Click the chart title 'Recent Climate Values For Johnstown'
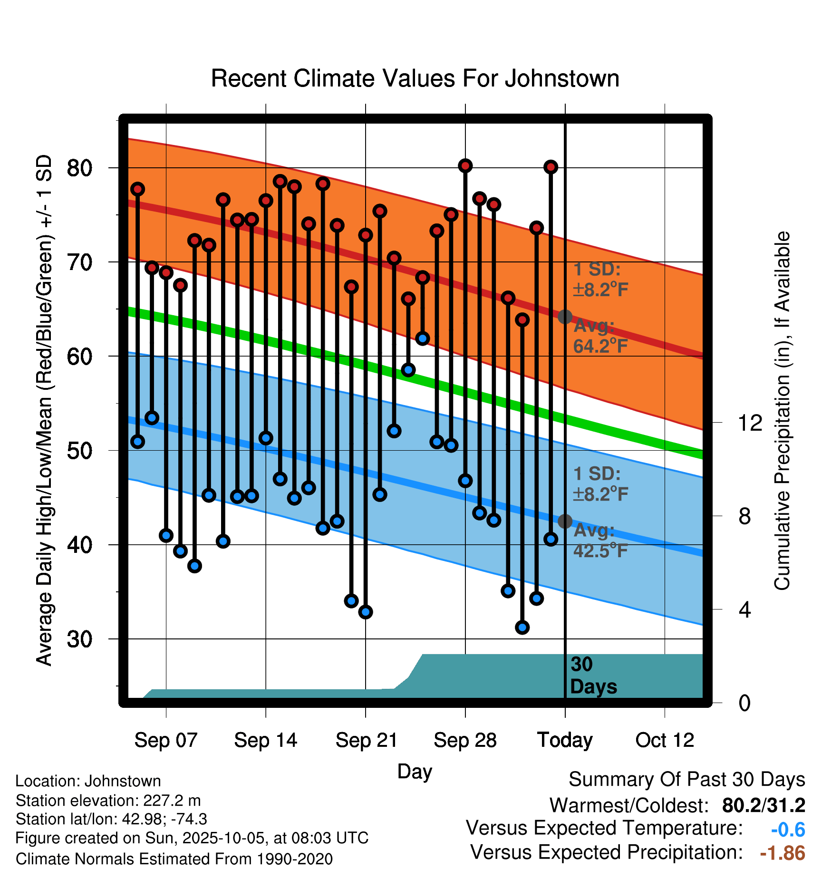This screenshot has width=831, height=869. (415, 78)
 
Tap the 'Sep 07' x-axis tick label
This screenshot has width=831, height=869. (165, 740)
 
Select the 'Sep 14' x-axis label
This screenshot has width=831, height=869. (265, 740)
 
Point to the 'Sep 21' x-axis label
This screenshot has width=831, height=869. (366, 740)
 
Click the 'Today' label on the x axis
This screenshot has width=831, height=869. (565, 740)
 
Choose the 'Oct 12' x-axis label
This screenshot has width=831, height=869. (665, 740)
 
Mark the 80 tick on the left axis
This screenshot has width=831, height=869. (79, 168)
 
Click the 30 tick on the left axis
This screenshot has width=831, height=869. (79, 639)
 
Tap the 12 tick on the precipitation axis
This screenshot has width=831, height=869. (750, 423)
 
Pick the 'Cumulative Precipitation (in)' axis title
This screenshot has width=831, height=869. (782, 411)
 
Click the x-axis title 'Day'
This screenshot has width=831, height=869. (415, 772)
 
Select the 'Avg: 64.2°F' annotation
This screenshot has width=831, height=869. (600, 336)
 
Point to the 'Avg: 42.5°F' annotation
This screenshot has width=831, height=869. (600, 541)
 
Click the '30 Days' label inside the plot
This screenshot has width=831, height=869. (593, 676)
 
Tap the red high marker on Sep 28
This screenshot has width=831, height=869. (465, 166)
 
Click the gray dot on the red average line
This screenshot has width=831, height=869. (565, 317)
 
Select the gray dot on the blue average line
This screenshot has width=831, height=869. (565, 521)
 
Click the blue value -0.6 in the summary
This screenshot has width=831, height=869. (788, 830)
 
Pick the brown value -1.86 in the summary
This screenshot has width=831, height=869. (783, 853)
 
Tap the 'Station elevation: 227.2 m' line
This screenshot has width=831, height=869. (108, 801)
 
